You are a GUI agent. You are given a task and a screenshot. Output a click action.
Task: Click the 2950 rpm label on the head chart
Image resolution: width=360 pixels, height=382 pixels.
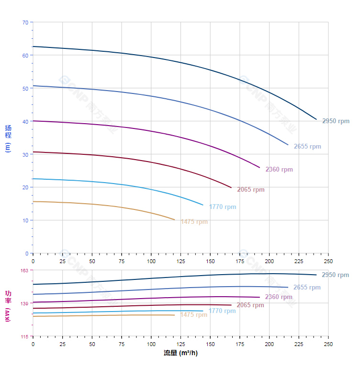click(x=336, y=121)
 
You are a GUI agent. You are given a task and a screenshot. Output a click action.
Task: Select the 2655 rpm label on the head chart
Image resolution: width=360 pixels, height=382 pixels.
click(x=307, y=147)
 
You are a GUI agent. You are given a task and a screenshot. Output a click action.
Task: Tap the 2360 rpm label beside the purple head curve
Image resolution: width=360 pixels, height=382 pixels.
click(x=279, y=170)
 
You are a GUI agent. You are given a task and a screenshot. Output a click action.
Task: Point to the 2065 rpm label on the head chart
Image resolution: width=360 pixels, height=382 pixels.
click(x=250, y=190)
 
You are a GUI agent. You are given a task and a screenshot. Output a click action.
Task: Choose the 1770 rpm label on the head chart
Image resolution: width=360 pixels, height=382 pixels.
click(x=222, y=207)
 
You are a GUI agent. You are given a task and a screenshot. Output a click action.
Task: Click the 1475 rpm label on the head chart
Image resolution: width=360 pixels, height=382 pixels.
click(x=194, y=222)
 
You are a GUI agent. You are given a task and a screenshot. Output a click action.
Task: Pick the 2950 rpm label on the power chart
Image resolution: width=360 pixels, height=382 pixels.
click(x=335, y=275)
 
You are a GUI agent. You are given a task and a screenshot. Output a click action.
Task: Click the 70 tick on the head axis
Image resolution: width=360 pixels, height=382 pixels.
click(x=25, y=23)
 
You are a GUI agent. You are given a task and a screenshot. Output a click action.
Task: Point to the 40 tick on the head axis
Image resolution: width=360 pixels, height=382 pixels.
click(x=25, y=121)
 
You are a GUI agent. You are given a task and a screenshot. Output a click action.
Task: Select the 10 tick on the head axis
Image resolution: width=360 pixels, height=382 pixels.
click(x=25, y=220)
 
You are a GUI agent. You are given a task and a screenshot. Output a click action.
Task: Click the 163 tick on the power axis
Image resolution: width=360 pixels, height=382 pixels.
click(x=24, y=271)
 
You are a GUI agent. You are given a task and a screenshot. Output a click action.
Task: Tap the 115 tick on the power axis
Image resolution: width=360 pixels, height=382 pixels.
click(x=24, y=336)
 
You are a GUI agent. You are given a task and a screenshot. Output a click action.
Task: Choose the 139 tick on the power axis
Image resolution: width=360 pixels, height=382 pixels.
click(x=24, y=303)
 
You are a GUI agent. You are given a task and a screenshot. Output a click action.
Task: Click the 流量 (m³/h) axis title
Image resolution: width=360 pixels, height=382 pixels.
click(x=180, y=353)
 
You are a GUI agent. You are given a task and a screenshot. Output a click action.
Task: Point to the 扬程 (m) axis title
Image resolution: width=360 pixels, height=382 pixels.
click(x=8, y=138)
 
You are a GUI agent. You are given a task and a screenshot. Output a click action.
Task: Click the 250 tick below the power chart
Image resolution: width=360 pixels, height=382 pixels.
click(x=328, y=344)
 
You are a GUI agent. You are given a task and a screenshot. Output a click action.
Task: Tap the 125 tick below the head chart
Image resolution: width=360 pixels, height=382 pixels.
click(x=180, y=261)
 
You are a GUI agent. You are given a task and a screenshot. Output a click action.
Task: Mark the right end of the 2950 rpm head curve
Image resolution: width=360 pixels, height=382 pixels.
click(x=316, y=119)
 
